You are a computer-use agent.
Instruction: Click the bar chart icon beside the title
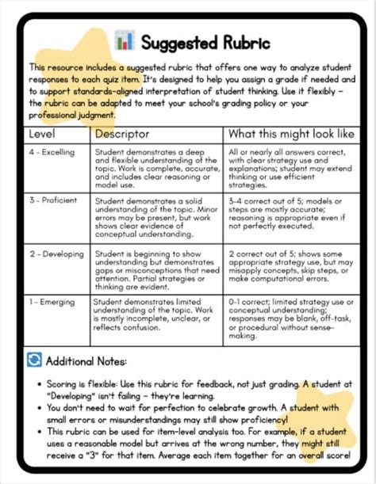click(124, 40)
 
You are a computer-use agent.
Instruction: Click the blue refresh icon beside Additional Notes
click(34, 360)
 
